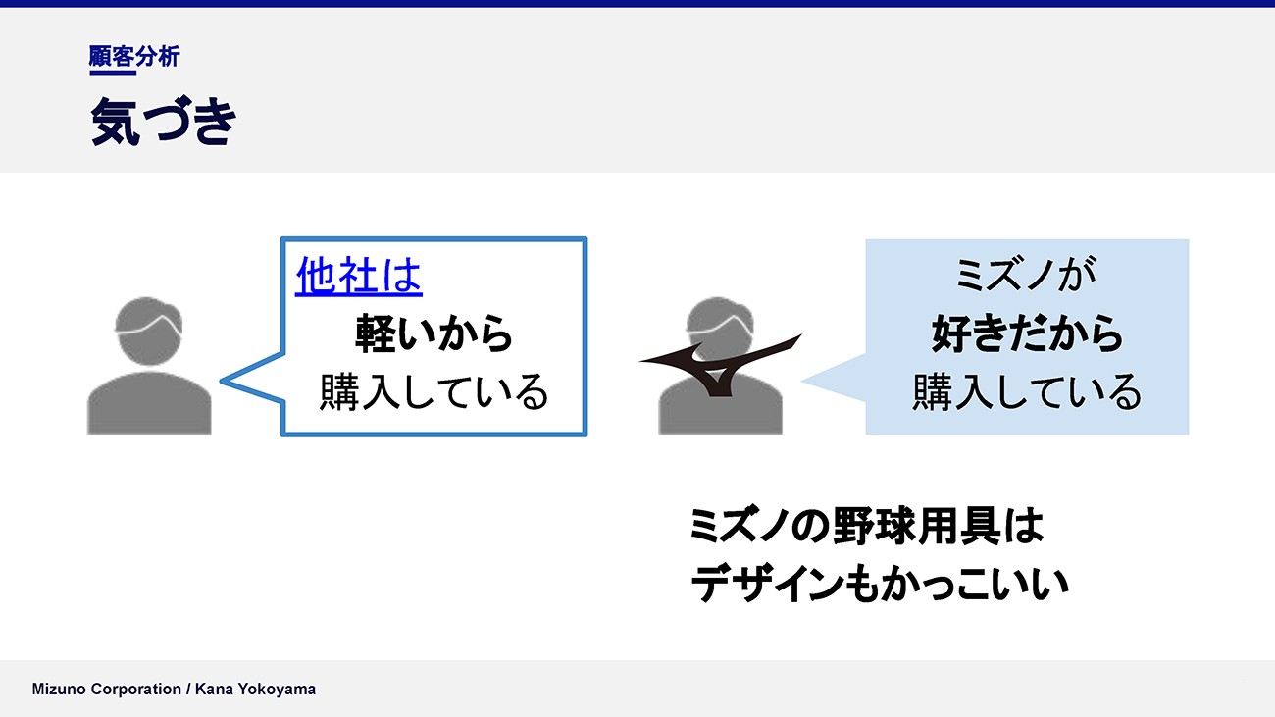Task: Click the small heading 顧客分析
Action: coord(134,56)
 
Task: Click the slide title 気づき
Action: coord(163,122)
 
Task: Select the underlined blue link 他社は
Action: coord(359,276)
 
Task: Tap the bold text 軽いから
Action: coord(433,333)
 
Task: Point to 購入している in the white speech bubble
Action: coord(433,392)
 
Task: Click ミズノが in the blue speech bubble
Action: coord(1026,275)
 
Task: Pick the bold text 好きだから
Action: coord(1027,333)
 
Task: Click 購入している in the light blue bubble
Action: coord(1027,392)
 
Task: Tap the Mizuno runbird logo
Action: coord(720,365)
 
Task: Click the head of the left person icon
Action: coord(149,331)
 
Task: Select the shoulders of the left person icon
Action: coord(149,403)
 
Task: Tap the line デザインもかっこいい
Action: coord(880,585)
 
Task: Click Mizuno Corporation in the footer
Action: coord(107,690)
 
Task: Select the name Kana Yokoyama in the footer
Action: coord(256,690)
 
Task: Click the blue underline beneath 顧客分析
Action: coord(113,73)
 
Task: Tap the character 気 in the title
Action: coord(115,122)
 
